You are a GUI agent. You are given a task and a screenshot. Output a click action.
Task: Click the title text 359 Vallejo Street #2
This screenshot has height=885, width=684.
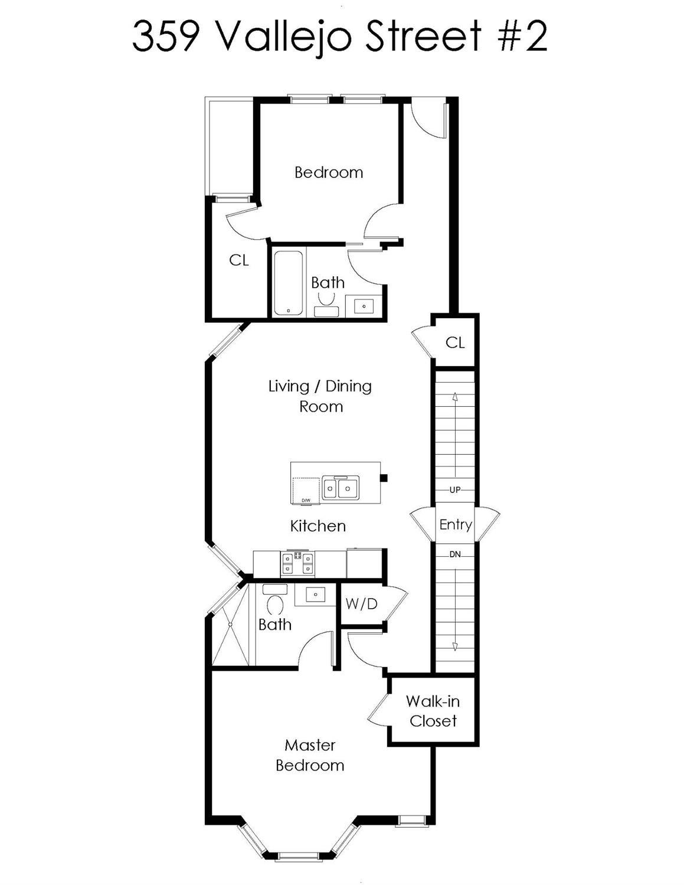point(340,37)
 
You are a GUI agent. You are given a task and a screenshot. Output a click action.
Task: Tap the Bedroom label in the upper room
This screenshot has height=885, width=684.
point(329,172)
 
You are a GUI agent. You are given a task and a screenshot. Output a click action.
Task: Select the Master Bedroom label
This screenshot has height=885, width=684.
point(310,755)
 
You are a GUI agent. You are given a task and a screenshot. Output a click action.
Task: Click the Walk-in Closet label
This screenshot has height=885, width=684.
point(433,711)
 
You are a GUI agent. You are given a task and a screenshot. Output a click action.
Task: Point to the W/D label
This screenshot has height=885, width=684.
point(361,603)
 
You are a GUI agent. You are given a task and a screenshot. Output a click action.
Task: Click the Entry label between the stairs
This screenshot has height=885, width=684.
point(455,524)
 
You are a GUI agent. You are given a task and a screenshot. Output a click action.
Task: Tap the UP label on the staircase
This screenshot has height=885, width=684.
point(455,490)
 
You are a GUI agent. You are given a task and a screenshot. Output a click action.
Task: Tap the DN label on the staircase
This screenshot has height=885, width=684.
point(455,554)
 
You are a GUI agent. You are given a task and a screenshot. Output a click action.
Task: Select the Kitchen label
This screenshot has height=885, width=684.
point(318,525)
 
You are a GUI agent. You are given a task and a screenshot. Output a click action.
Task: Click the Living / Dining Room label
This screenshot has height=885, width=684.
point(320,396)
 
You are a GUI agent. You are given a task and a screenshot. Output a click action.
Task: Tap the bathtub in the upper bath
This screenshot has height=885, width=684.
point(289,282)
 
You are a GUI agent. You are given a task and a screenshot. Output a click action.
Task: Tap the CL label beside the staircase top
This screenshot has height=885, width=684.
point(455,342)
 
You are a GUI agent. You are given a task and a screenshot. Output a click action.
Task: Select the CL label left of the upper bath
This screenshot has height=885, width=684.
point(238,260)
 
